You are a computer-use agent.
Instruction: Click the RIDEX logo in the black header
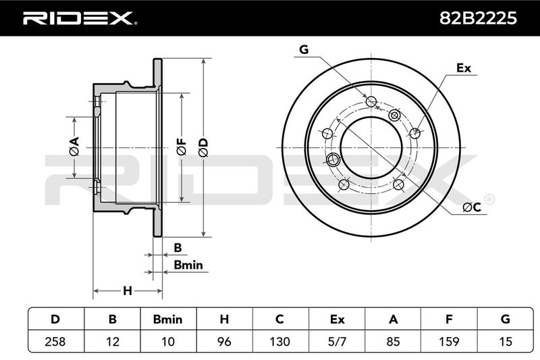(80, 18)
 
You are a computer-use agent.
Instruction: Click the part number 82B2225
(478, 18)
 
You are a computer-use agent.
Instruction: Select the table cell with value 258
(55, 341)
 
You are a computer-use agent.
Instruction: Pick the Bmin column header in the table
(167, 319)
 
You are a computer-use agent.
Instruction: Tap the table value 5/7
(337, 341)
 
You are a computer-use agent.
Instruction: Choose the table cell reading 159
(449, 341)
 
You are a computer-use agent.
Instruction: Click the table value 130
(279, 341)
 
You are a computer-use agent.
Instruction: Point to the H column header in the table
(224, 319)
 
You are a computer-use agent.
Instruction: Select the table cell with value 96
(224, 341)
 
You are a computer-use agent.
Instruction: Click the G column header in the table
(505, 319)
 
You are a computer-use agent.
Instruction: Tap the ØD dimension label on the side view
(204, 148)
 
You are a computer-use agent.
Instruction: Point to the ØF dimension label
(181, 147)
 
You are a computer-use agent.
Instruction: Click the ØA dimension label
(74, 147)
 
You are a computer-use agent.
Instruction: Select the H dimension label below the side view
(128, 291)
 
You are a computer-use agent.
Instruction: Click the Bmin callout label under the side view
(188, 265)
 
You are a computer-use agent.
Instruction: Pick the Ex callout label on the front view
(464, 68)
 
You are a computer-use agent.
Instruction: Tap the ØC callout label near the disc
(472, 207)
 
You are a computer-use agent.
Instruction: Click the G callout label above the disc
(304, 49)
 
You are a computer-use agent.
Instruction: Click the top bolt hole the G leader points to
(371, 101)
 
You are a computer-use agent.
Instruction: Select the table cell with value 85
(393, 341)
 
